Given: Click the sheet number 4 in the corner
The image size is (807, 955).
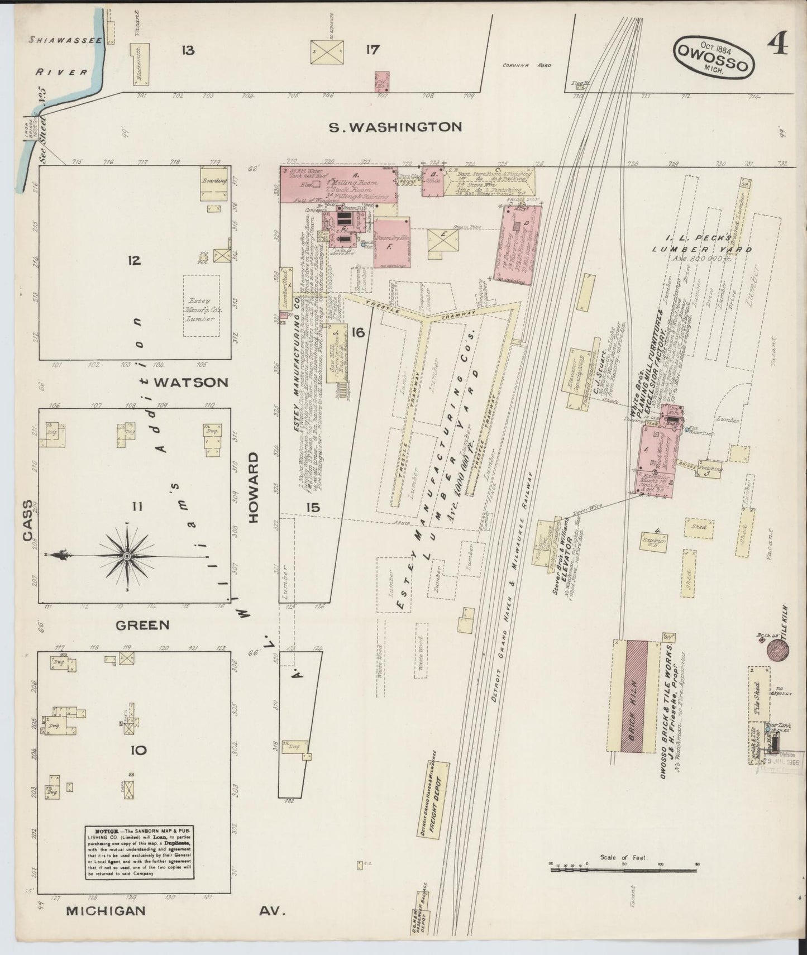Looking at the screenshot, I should click(x=777, y=43).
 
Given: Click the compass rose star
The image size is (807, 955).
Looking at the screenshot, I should click(x=127, y=556).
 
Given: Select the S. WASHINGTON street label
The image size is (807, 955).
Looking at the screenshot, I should click(x=395, y=127).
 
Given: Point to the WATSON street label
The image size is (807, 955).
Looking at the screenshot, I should click(x=191, y=383).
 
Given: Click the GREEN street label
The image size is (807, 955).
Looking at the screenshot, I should click(x=142, y=625).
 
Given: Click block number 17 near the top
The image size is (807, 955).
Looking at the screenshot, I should click(x=373, y=50).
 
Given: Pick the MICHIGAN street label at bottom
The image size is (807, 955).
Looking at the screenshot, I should click(x=106, y=911).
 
